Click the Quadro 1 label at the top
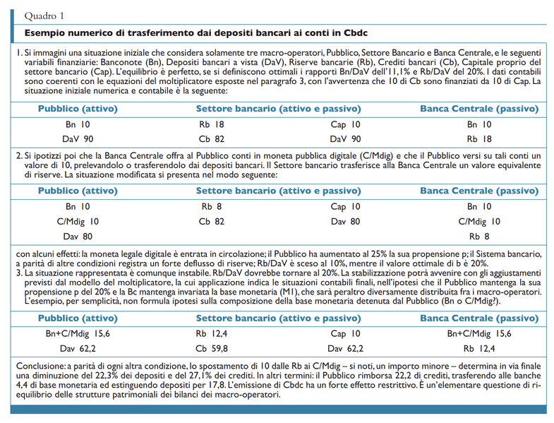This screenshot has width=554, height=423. tap(44, 15)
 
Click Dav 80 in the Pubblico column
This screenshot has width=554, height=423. tap(77, 236)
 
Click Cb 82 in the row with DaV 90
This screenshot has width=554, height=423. tap(212, 139)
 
